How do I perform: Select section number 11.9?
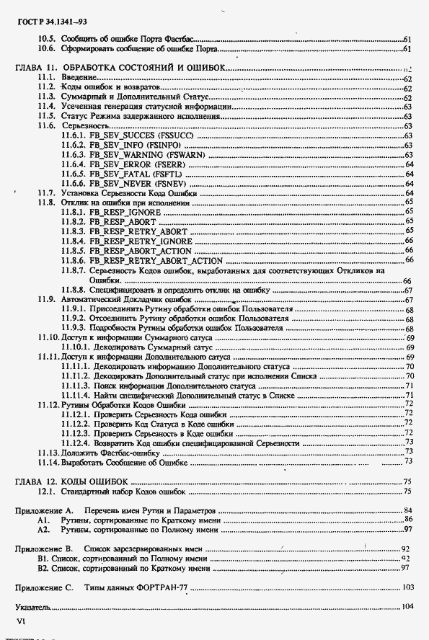(x=47, y=299)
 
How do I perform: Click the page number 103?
(x=407, y=587)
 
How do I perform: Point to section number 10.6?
(x=47, y=48)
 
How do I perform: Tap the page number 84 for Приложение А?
(x=407, y=510)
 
